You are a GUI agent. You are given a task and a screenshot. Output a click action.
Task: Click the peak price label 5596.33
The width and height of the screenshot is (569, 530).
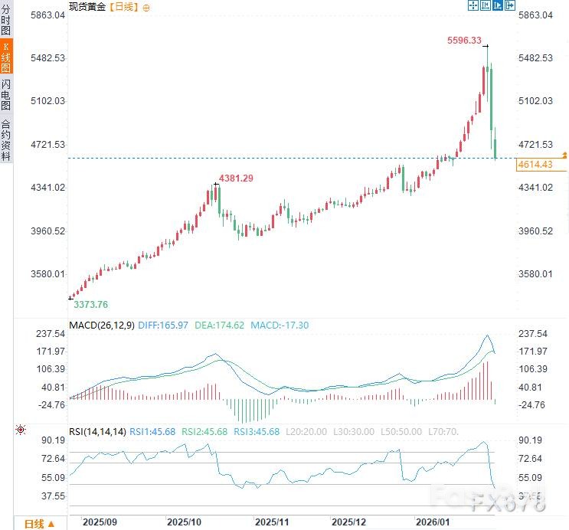464,41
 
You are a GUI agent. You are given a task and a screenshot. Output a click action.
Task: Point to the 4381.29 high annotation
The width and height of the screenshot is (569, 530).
236,178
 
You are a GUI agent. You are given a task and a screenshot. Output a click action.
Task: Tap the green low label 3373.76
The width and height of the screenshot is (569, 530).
90,304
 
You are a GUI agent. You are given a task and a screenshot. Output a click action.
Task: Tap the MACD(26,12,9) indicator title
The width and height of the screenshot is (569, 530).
102,326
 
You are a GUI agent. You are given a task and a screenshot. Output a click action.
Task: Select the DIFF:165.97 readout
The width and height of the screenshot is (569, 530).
163,326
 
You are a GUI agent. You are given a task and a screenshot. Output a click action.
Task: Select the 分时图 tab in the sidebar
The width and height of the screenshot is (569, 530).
6,21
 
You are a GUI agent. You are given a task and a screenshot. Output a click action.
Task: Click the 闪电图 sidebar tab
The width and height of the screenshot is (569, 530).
6,95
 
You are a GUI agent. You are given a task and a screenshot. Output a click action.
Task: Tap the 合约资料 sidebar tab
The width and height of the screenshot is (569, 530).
6,139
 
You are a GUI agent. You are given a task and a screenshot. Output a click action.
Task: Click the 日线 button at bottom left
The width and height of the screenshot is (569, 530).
38,524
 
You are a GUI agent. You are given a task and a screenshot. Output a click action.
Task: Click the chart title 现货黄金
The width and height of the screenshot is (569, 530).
87,7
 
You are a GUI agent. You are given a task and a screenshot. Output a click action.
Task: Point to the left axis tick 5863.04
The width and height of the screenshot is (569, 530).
44,15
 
